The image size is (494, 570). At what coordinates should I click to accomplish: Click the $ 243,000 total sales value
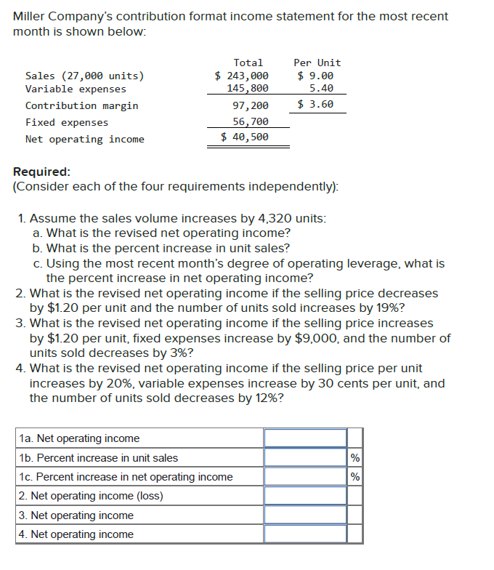(x=243, y=76)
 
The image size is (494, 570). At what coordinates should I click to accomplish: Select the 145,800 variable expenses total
(x=248, y=89)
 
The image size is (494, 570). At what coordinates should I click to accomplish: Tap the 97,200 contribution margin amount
(x=251, y=105)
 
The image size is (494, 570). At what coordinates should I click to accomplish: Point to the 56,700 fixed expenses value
(x=251, y=122)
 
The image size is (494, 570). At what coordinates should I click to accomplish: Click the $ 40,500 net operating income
(x=245, y=137)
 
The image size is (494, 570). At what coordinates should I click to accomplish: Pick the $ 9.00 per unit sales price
(x=316, y=76)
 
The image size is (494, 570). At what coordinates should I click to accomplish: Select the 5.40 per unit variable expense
(x=321, y=89)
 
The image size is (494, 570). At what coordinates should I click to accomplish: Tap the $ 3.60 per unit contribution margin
(x=316, y=104)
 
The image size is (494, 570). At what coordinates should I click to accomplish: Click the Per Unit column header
(x=317, y=63)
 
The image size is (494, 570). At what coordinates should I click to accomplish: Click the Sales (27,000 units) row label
(x=84, y=76)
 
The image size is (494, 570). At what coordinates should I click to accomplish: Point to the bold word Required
(x=42, y=172)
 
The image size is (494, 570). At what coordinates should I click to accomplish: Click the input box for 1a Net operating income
(x=305, y=438)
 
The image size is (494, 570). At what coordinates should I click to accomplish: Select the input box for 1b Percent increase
(x=305, y=458)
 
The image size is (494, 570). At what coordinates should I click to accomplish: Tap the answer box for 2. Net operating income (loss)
(x=305, y=496)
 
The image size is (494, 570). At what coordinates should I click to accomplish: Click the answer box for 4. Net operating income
(x=305, y=534)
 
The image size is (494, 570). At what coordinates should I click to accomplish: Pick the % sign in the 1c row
(x=355, y=477)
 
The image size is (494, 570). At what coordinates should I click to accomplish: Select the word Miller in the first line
(x=29, y=16)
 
